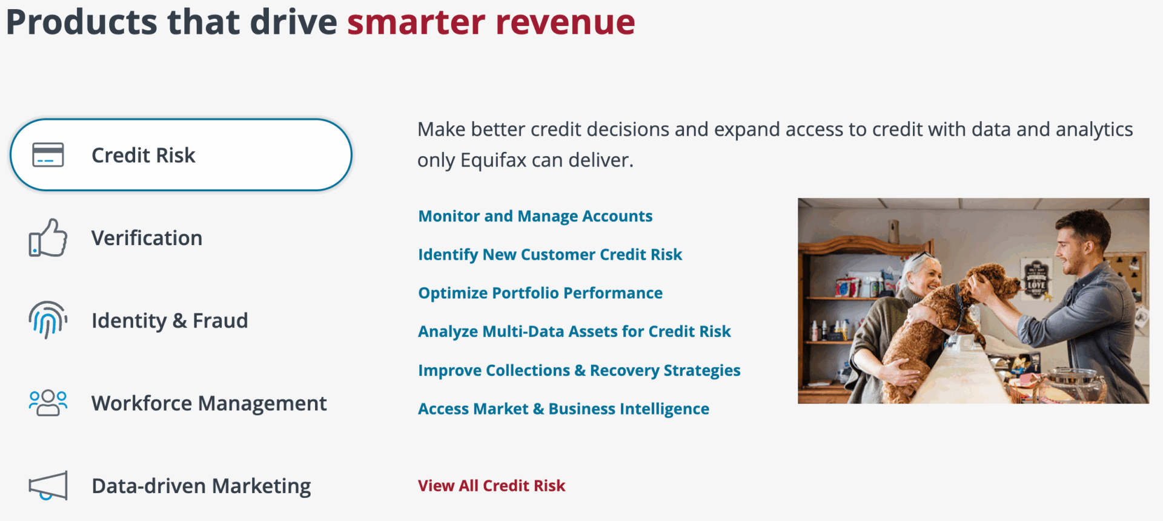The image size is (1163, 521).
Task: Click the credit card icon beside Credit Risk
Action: (x=48, y=155)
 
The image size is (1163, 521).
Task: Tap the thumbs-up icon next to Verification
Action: (x=48, y=238)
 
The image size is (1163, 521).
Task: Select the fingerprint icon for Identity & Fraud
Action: (x=48, y=319)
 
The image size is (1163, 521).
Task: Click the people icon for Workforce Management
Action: (x=48, y=403)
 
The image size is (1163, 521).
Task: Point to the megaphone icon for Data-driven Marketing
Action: (x=48, y=485)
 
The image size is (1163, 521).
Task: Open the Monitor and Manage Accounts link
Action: (x=535, y=216)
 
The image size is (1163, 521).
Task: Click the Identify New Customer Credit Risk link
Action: (x=550, y=255)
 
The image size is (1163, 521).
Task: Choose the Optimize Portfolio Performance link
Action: (x=540, y=293)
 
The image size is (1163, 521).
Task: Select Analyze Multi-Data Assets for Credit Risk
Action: (x=574, y=332)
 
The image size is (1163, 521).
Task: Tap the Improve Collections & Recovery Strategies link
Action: (x=579, y=370)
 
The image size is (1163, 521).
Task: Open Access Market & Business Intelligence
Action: (x=563, y=409)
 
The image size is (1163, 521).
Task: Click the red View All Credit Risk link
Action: (x=491, y=486)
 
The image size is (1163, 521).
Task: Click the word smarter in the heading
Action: (x=416, y=23)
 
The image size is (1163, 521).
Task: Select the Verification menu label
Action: (x=147, y=238)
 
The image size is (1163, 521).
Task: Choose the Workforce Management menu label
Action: (x=209, y=403)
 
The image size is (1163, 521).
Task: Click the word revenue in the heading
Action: (x=565, y=23)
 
